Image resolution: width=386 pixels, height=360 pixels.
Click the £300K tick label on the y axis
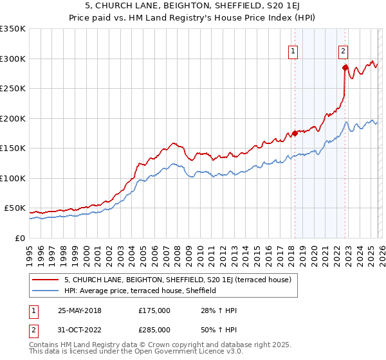pos(13,59)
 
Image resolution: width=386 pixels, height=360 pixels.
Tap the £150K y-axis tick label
pos(13,148)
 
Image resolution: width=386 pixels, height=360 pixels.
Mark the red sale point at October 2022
pos(345,67)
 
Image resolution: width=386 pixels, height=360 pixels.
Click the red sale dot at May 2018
pos(295,133)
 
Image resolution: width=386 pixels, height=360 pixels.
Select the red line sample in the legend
pos(45,280)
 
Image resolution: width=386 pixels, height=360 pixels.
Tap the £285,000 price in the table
pos(154,329)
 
